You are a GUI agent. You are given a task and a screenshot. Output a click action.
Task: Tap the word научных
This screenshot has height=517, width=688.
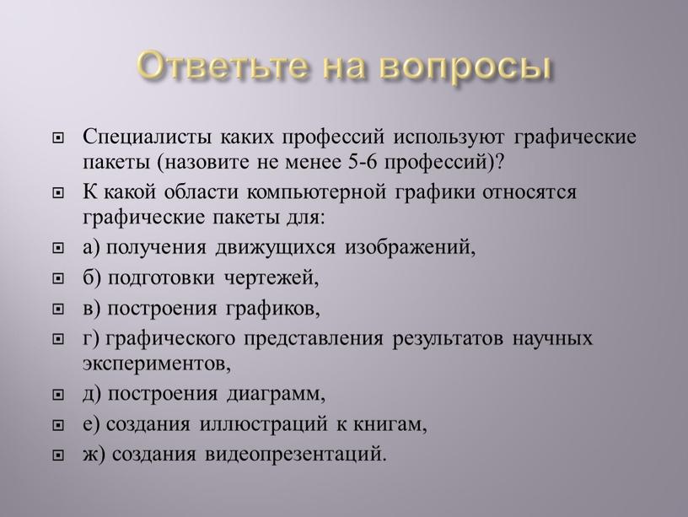(x=553, y=339)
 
